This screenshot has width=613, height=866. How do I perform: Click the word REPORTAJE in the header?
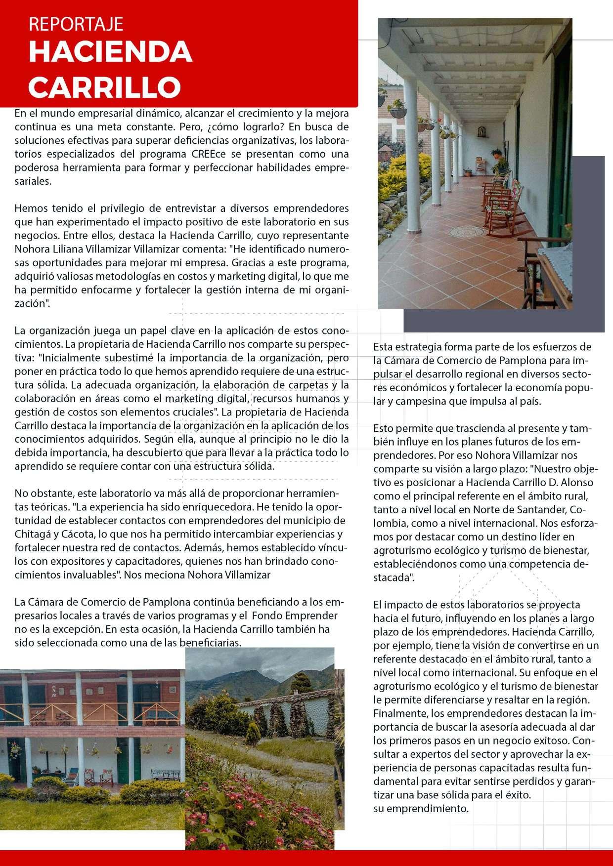76,24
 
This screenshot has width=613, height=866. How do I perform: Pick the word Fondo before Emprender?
268,616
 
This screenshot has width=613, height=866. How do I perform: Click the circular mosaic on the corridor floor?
467,231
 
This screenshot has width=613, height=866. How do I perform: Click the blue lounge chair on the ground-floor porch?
71,776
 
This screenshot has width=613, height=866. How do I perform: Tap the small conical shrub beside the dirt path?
252,734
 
